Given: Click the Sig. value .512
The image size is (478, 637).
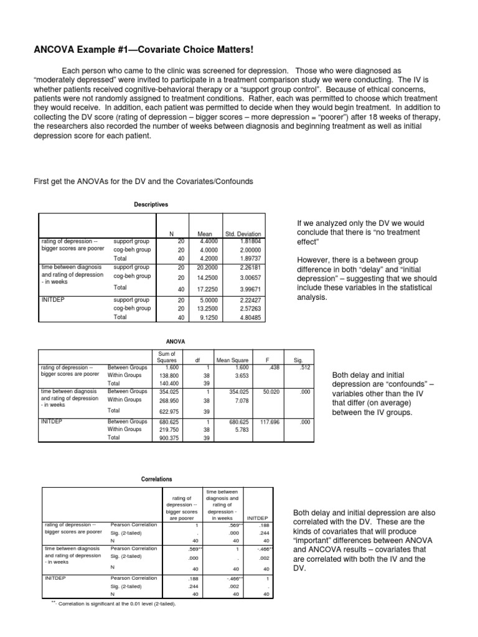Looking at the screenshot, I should (302, 367).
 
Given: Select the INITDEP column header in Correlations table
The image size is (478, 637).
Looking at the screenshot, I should (258, 517).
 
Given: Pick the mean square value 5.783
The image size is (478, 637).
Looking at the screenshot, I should (232, 430).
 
